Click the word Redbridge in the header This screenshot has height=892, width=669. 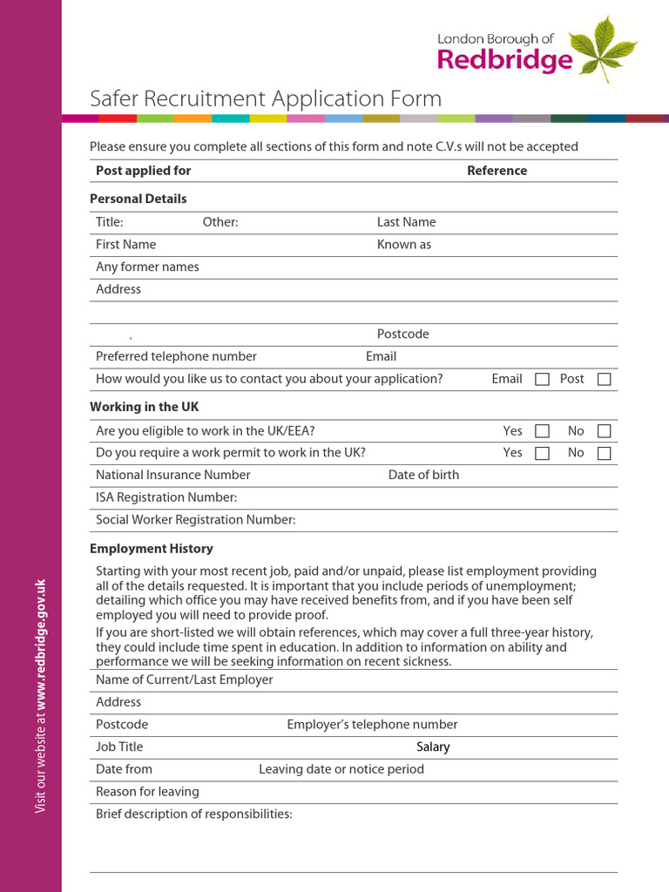click(x=504, y=59)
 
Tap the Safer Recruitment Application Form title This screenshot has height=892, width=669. click(x=266, y=98)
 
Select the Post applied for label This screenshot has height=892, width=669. click(x=143, y=171)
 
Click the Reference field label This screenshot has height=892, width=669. click(x=497, y=171)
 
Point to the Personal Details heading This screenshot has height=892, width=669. click(x=138, y=199)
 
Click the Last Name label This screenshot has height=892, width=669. click(x=406, y=222)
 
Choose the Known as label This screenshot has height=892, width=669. click(x=403, y=245)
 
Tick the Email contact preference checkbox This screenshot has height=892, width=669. click(x=542, y=379)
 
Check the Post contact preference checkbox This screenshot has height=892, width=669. click(x=604, y=379)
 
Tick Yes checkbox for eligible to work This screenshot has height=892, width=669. click(x=542, y=431)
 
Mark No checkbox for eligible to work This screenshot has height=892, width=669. click(x=604, y=431)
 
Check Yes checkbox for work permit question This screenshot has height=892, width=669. click(x=542, y=453)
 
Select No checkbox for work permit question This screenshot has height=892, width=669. click(x=604, y=453)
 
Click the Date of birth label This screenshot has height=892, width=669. click(x=423, y=475)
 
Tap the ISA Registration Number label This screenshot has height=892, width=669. click(x=166, y=497)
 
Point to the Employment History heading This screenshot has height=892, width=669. click(x=151, y=549)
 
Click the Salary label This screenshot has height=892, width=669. click(x=433, y=747)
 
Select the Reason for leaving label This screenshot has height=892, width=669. click(x=147, y=792)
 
